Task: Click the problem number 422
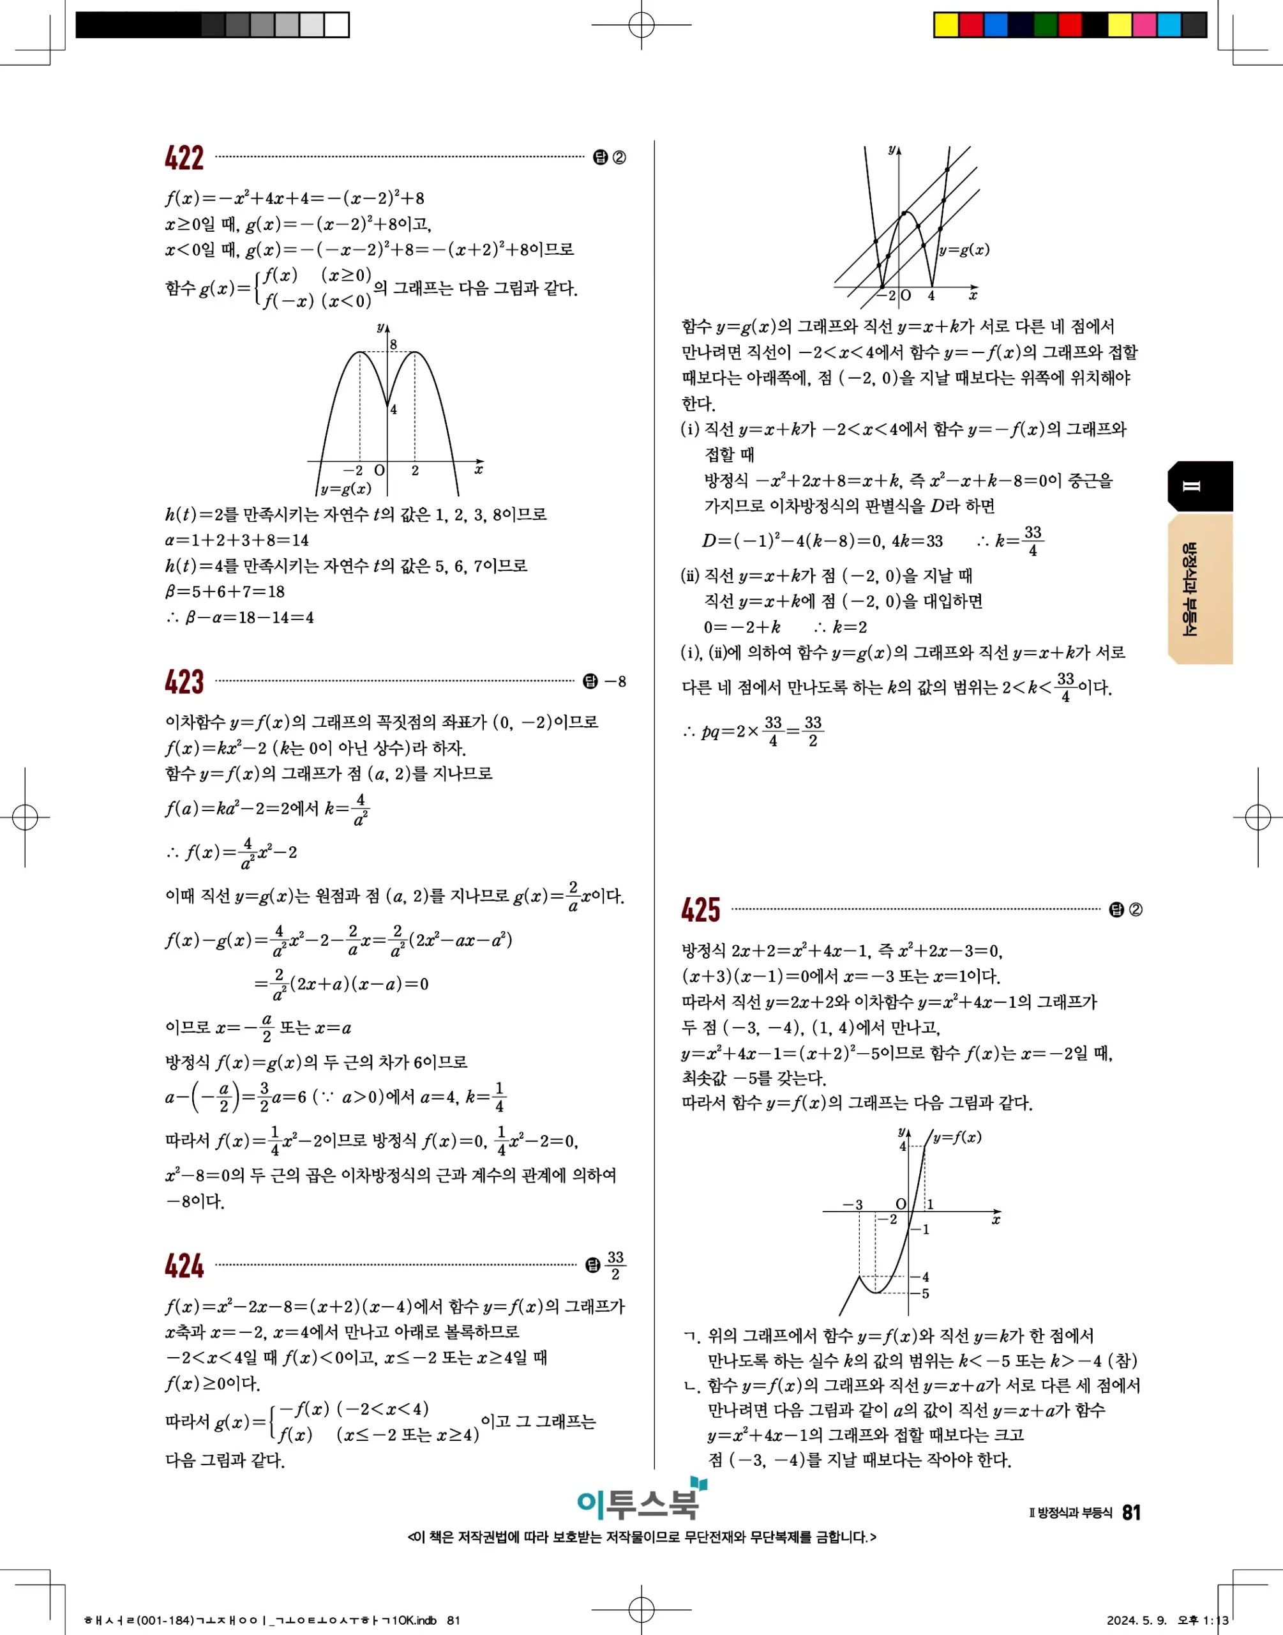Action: pyautogui.click(x=184, y=158)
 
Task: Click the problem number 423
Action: pyautogui.click(x=184, y=681)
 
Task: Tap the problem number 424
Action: pyautogui.click(x=184, y=1265)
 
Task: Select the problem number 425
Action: pyautogui.click(x=700, y=910)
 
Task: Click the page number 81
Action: pyautogui.click(x=1131, y=1512)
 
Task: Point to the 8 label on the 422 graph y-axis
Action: pyautogui.click(x=393, y=345)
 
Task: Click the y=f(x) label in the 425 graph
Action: pyautogui.click(x=957, y=1137)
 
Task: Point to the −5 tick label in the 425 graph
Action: pyautogui.click(x=924, y=1293)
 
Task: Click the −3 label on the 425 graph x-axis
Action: pyautogui.click(x=853, y=1205)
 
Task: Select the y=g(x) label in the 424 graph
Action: pyautogui.click(x=964, y=250)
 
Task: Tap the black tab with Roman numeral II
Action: pyautogui.click(x=1199, y=486)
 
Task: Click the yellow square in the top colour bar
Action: pyautogui.click(x=946, y=25)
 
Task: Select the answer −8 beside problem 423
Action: pyautogui.click(x=615, y=681)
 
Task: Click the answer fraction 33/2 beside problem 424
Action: pyautogui.click(x=615, y=1265)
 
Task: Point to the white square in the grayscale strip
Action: pyautogui.click(x=336, y=25)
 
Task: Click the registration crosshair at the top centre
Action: pyautogui.click(x=641, y=25)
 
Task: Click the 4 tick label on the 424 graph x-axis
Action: pyautogui.click(x=931, y=296)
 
